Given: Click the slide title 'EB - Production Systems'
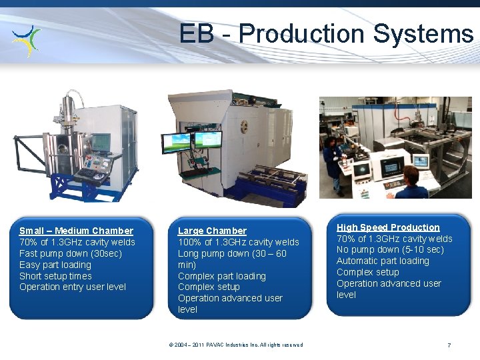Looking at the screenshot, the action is coord(326,33).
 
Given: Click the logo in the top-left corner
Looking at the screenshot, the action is coord(27,40).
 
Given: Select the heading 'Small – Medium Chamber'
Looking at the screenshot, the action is coord(76,231).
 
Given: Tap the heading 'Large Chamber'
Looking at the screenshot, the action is coord(212,231).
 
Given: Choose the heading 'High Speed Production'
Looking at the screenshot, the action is coord(388,227).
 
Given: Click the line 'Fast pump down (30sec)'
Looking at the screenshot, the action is coord(71,253).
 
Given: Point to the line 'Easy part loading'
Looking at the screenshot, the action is coord(55,265).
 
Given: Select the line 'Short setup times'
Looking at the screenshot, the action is coord(55,276).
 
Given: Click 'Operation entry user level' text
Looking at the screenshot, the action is coord(73,287).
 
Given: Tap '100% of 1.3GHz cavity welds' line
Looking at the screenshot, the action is coord(239,242).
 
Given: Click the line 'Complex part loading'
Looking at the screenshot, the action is coord(222,276).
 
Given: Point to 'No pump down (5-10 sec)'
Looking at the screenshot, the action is coord(390,250).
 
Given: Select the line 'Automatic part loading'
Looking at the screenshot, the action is coord(383,261).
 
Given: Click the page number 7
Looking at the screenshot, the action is coord(449,345).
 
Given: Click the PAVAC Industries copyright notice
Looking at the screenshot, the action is coord(236,345).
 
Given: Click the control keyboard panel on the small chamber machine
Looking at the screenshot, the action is coord(89,173).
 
